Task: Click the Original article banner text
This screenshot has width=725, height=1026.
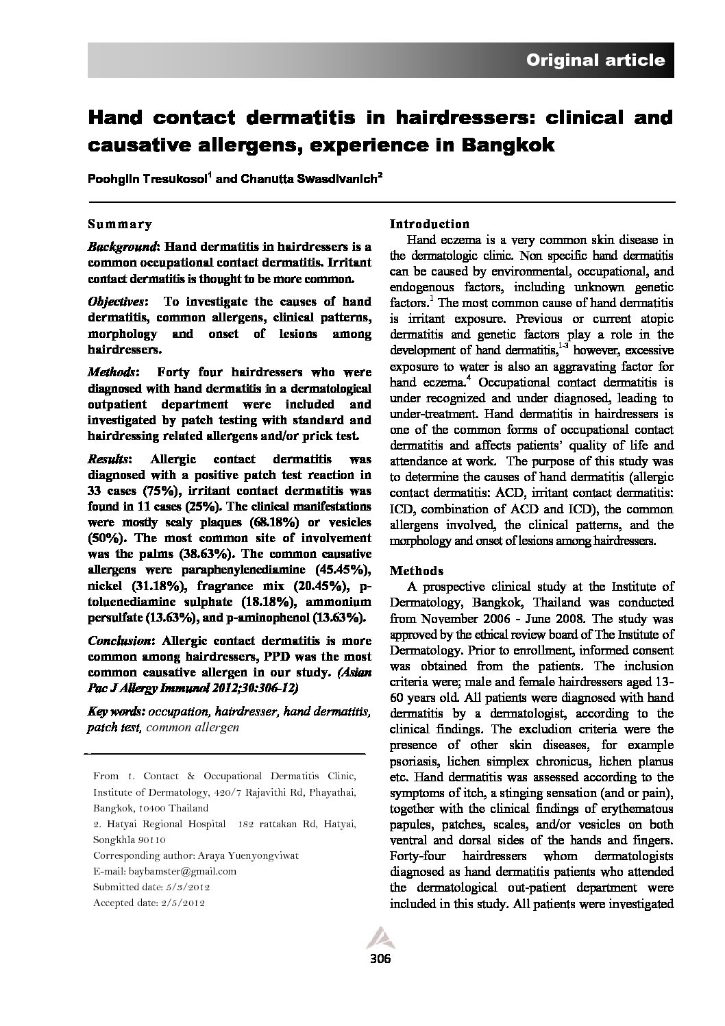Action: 595,60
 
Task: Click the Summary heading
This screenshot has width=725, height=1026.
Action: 120,224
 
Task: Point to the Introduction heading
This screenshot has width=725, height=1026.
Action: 430,224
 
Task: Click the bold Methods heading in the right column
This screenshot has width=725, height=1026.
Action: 416,571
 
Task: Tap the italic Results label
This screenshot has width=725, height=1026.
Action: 108,459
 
